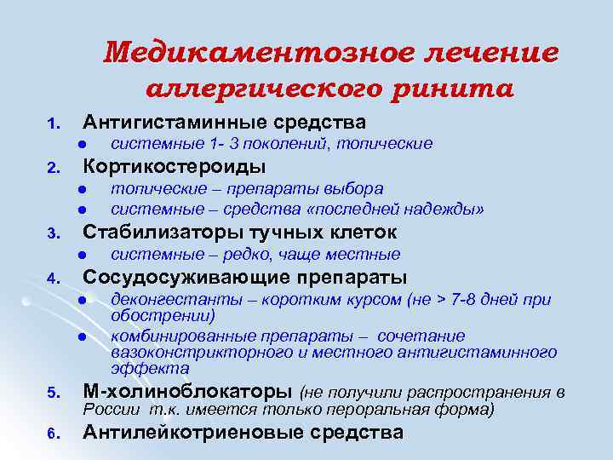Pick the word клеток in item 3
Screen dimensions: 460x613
pos(363,233)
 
